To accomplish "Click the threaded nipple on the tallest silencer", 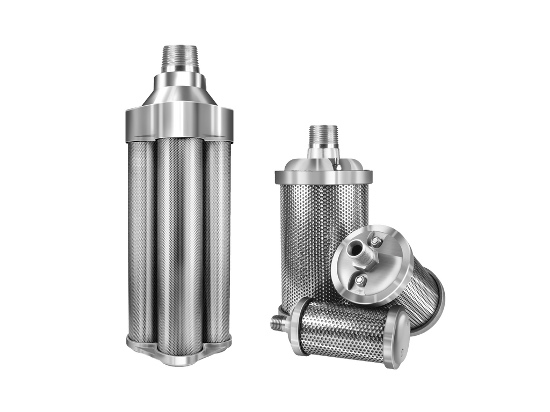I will click(x=180, y=58).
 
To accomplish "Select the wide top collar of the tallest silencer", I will click(x=179, y=121).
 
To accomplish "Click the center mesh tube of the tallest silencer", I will click(x=179, y=241).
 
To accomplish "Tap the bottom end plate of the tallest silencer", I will click(x=179, y=354).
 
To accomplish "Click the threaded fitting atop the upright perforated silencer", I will click(x=323, y=137).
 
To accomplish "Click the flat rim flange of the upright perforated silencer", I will click(x=323, y=177).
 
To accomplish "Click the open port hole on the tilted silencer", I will click(x=354, y=247).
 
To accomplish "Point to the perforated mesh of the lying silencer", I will click(x=344, y=330).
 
